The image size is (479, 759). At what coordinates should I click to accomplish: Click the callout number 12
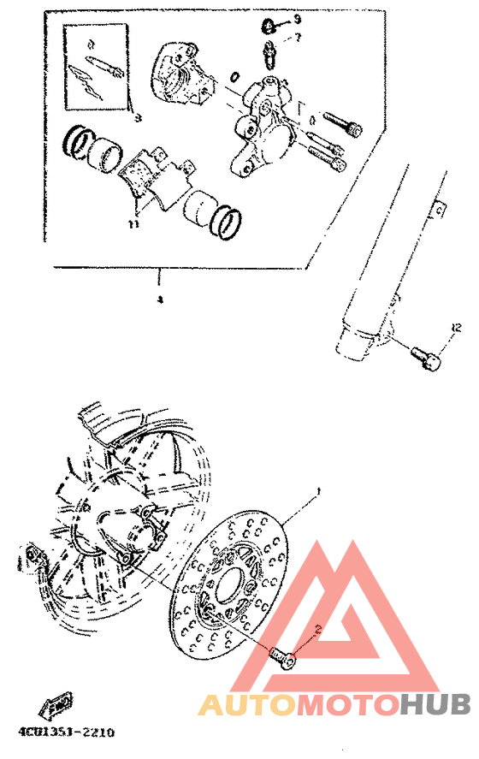click(x=455, y=327)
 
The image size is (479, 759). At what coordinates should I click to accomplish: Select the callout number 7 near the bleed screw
click(x=298, y=39)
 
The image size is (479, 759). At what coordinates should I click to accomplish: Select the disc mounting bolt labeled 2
click(x=281, y=656)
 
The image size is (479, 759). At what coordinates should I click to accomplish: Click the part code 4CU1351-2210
click(x=65, y=733)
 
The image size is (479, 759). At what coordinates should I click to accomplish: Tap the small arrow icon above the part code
click(x=53, y=707)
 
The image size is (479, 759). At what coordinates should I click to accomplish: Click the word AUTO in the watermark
click(x=248, y=704)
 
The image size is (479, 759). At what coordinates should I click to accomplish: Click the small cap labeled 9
click(x=268, y=26)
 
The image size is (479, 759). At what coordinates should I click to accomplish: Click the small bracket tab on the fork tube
click(x=440, y=208)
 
